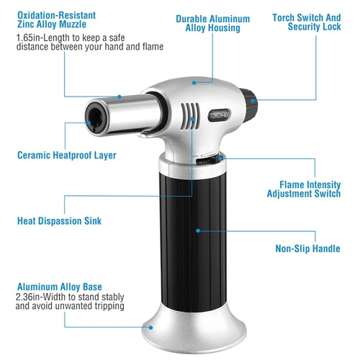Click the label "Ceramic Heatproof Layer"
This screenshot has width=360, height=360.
[x=67, y=156]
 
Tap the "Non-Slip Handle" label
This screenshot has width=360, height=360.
[x=307, y=248]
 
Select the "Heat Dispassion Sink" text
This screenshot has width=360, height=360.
[x=59, y=221]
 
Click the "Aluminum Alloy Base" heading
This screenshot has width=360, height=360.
[x=60, y=287]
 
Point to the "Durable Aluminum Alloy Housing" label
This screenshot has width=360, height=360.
[x=213, y=23]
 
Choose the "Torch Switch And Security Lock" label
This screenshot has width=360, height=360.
[x=307, y=22]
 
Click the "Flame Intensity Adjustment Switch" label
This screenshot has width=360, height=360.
[x=304, y=189]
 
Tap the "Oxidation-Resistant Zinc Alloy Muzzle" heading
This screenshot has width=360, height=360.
[x=56, y=19]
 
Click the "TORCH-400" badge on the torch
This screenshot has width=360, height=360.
[x=220, y=115]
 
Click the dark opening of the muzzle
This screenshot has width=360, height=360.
[x=96, y=117]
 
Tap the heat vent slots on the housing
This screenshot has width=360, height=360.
[x=190, y=117]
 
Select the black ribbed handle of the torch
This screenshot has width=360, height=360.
[x=194, y=243]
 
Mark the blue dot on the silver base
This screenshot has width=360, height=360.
[x=150, y=328]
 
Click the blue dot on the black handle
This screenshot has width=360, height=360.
[x=198, y=230]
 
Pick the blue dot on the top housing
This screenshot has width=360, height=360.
[x=194, y=83]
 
